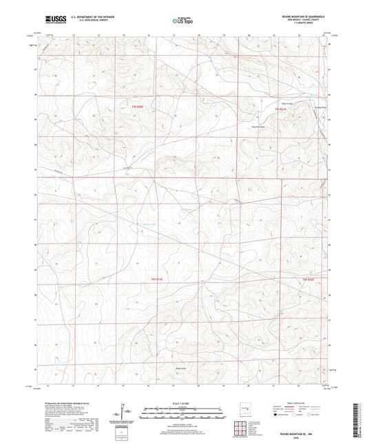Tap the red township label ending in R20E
[139, 107]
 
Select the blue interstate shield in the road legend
[279, 415]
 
